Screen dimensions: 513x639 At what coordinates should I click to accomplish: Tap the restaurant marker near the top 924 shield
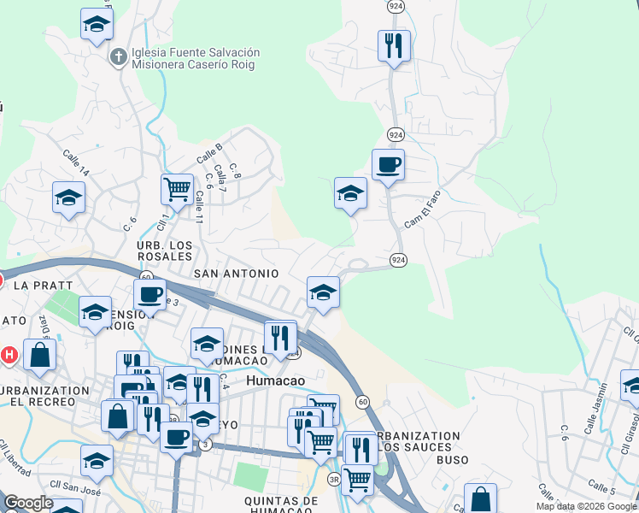click(394, 45)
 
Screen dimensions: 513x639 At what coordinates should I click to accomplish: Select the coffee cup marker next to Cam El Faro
click(387, 164)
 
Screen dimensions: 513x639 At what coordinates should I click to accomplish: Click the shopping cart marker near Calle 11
click(177, 189)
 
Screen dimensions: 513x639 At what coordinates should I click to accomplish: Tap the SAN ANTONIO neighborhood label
click(237, 273)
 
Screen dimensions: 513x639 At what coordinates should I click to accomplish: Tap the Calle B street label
click(209, 153)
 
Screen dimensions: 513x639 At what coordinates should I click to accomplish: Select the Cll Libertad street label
click(16, 458)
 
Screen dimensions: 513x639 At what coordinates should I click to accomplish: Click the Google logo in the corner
click(29, 503)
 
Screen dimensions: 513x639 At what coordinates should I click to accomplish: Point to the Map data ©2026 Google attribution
click(586, 506)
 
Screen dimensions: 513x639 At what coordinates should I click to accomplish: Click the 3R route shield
click(334, 480)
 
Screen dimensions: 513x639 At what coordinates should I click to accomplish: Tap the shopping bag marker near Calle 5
click(480, 498)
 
